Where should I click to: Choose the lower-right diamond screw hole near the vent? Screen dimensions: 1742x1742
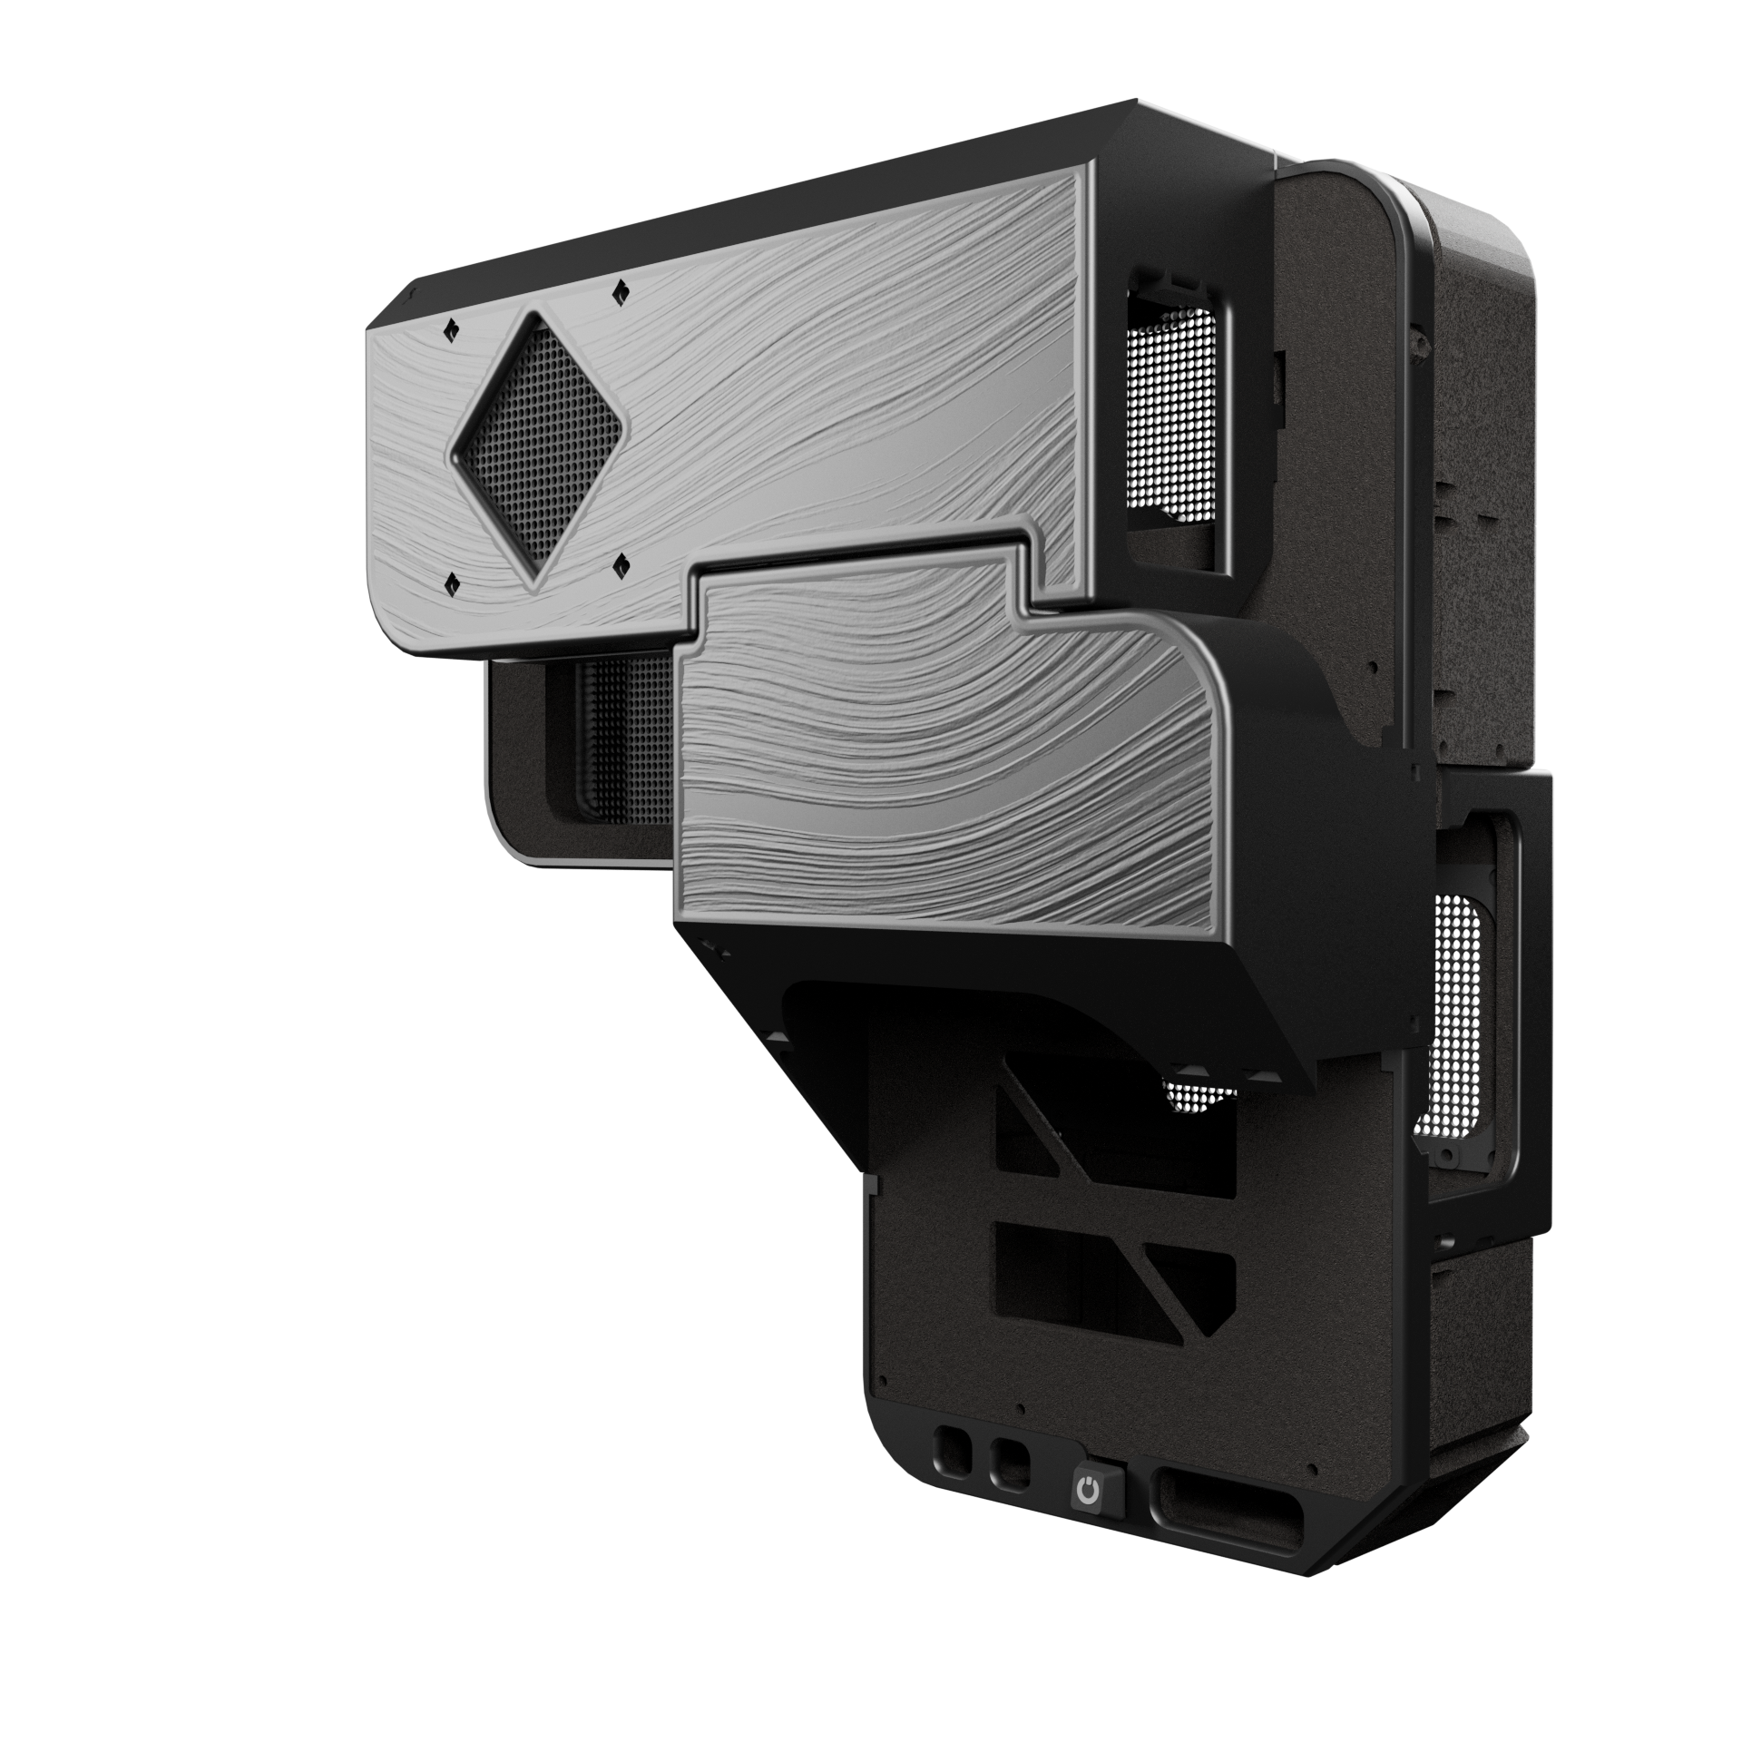[621, 568]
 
